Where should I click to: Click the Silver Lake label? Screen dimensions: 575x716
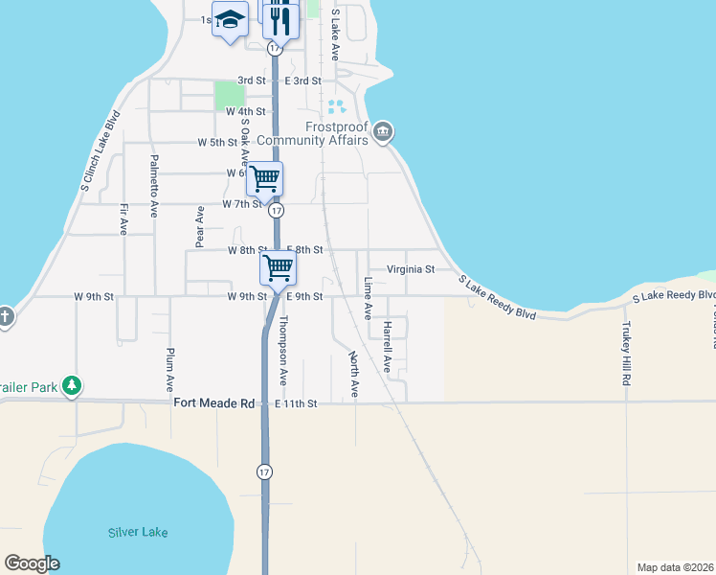pos(138,532)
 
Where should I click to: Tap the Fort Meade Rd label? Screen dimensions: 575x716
pos(213,403)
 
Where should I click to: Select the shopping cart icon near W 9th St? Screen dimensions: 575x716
pos(278,267)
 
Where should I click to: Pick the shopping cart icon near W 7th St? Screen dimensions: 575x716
pos(264,178)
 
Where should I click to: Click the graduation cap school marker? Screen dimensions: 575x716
pos(230,19)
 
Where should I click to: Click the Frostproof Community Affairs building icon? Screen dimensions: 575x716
pos(383,131)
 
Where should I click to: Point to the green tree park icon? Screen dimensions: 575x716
pos(71,385)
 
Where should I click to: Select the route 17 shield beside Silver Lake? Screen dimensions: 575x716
pos(263,471)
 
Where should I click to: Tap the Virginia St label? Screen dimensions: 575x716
pos(410,269)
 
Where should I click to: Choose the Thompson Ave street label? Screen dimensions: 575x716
pos(283,352)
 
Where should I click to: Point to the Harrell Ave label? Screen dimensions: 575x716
pos(387,346)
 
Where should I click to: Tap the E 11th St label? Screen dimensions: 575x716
pos(296,404)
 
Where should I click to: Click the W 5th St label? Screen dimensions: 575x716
pos(216,142)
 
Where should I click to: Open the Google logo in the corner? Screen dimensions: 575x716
pos(32,563)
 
